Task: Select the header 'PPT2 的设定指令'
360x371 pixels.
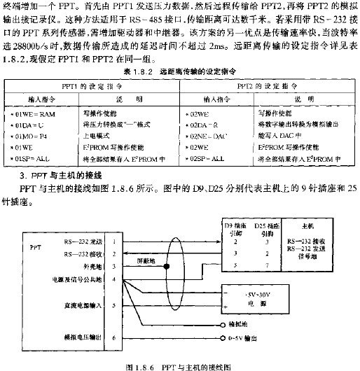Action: tap(267, 87)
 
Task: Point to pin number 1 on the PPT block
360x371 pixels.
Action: tap(115, 241)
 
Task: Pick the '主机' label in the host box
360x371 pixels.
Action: tap(307, 227)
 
